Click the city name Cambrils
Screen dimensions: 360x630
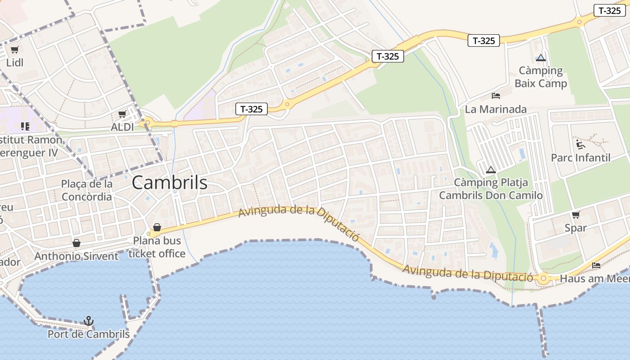click(x=170, y=183)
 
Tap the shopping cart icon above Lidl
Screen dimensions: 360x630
click(x=15, y=50)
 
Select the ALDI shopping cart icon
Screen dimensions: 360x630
click(x=122, y=114)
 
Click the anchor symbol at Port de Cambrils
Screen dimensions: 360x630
click(x=89, y=321)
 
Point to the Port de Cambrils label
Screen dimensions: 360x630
click(x=89, y=334)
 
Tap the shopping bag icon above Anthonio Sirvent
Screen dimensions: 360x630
click(x=76, y=243)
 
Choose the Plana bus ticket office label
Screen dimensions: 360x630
click(x=157, y=247)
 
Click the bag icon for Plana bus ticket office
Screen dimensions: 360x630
click(x=157, y=227)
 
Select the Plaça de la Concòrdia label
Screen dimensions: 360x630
click(x=87, y=190)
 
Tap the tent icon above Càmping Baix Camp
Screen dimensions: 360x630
click(x=540, y=58)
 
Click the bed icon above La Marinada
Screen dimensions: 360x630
click(x=496, y=96)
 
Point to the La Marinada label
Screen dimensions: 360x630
click(x=495, y=109)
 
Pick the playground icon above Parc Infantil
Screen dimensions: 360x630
click(x=580, y=144)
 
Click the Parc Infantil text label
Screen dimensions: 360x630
click(x=580, y=158)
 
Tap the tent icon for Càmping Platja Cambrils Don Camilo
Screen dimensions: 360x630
click(x=490, y=170)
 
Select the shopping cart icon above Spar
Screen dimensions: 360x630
click(x=576, y=215)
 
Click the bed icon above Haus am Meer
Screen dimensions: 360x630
click(x=596, y=265)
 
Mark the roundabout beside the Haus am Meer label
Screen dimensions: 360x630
click(x=544, y=279)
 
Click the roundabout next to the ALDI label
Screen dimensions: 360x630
click(x=147, y=122)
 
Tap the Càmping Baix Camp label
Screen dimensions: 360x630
click(x=540, y=77)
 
